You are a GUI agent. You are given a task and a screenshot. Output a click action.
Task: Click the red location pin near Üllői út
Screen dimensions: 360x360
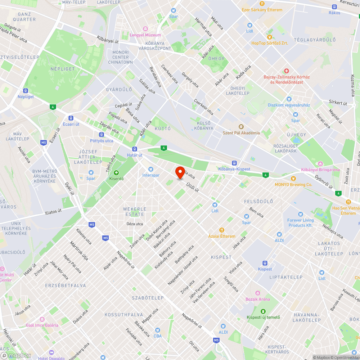[180, 172]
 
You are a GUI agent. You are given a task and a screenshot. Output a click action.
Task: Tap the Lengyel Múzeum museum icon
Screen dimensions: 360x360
[145, 29]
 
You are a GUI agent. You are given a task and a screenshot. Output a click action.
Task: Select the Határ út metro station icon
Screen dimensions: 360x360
[134, 149]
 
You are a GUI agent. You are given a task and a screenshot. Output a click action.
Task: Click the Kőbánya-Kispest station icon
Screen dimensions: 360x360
[234, 163]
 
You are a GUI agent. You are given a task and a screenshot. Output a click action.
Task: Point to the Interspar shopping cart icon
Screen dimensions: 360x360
[150, 169]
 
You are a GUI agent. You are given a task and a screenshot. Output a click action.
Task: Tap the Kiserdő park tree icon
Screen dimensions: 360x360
[116, 172]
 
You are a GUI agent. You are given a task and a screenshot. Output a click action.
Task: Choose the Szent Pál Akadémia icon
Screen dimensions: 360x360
[241, 126]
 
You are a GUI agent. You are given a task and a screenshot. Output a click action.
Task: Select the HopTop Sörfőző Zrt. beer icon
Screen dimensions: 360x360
[269, 37]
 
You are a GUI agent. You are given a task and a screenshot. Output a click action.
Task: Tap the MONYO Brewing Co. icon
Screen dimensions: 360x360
[293, 178]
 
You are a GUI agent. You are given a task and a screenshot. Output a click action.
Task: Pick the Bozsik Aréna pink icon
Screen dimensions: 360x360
[257, 293]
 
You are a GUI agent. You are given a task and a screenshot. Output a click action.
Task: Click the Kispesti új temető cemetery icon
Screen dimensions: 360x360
[263, 311]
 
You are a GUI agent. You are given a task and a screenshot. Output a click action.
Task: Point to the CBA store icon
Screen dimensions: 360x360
[157, 330]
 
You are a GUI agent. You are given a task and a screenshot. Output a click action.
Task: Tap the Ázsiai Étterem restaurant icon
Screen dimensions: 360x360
[222, 230]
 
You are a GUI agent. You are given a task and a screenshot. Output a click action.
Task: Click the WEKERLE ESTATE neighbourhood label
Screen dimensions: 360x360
[135, 212]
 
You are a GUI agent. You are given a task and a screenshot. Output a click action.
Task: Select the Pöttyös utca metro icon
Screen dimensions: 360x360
[102, 135]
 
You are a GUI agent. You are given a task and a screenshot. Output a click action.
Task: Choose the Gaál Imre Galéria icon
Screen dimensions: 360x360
[42, 319]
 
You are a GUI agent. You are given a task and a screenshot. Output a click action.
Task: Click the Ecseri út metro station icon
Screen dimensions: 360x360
[71, 118]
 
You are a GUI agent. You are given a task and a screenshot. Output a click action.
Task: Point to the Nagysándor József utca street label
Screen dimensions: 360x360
[183, 270]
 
